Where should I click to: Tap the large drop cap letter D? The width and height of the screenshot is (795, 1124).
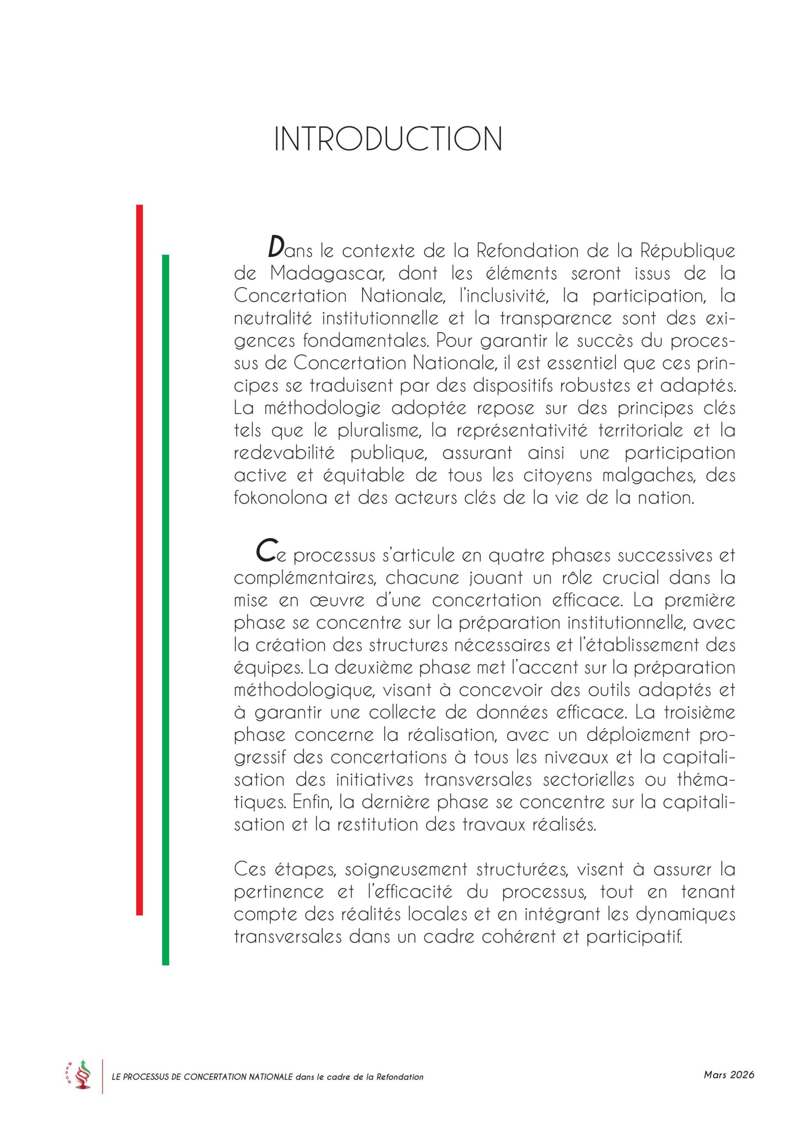pyautogui.click(x=276, y=247)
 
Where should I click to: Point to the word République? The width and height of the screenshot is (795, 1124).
pyautogui.click(x=687, y=252)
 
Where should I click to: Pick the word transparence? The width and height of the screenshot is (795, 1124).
pyautogui.click(x=556, y=319)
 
